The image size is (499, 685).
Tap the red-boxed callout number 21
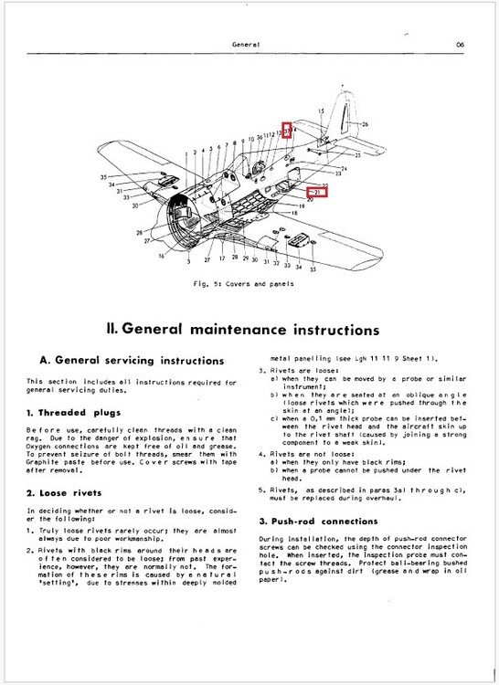point(315,194)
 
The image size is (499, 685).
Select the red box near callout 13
point(286,132)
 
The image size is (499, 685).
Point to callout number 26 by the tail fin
point(365,123)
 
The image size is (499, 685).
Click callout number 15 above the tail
point(321,111)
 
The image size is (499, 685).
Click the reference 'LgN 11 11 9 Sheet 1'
point(378,359)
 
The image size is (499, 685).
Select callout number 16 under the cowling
point(162,258)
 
